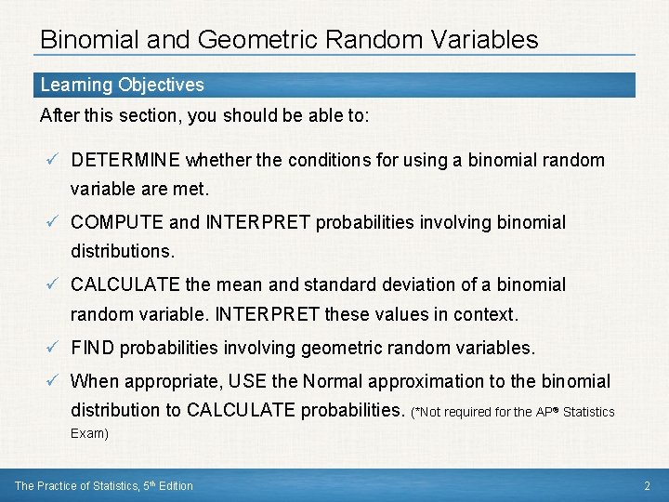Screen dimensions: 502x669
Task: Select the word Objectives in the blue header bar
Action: point(160,85)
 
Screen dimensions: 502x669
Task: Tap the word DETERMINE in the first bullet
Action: point(125,160)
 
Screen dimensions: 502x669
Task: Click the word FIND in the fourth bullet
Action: point(93,348)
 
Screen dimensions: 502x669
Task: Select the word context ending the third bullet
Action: point(487,314)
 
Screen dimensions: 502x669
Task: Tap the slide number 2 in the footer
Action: point(647,485)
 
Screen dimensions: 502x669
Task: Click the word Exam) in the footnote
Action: point(90,433)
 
